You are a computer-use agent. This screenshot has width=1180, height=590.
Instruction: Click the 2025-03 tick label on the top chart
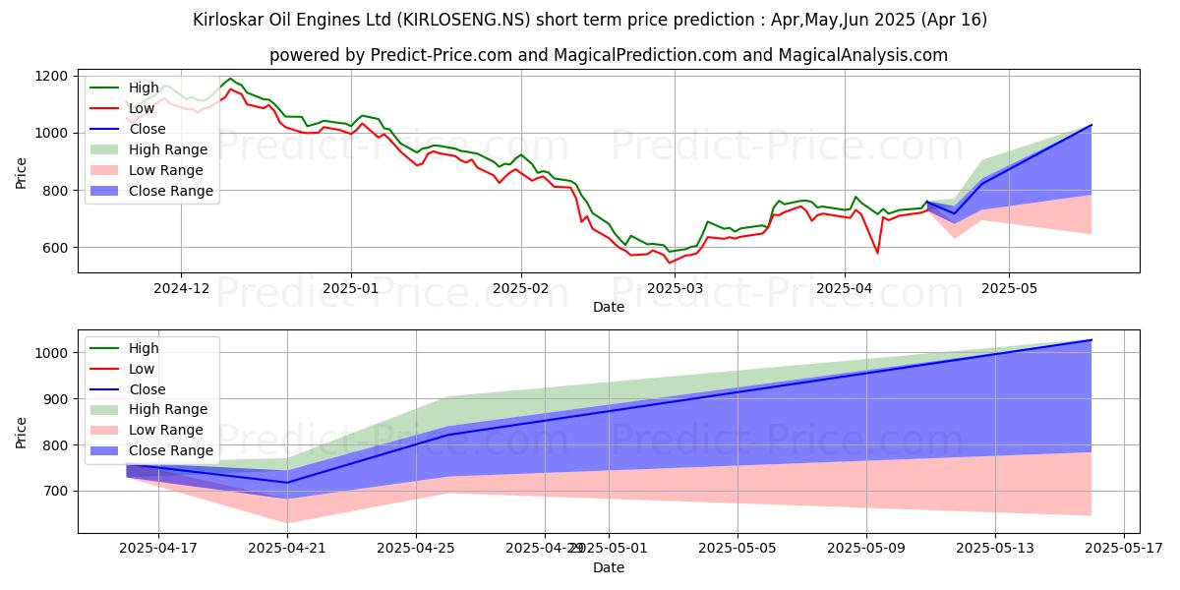coord(676,288)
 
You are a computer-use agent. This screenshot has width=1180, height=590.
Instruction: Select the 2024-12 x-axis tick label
coord(181,288)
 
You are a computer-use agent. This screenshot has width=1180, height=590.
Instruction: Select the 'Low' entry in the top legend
coord(143,108)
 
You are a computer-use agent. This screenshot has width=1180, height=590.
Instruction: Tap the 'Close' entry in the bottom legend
coord(147,389)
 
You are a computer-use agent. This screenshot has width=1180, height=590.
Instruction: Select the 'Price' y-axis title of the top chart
coord(22,172)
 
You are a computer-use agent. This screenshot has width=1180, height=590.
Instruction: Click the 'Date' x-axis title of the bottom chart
coord(608,567)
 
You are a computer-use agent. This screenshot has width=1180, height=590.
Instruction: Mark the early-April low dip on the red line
coord(877,253)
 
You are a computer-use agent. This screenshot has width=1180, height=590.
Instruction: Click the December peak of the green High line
coord(231,79)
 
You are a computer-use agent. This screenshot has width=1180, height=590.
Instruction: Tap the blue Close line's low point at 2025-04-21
coord(287,482)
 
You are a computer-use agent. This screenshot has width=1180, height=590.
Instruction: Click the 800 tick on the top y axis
coord(55,190)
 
